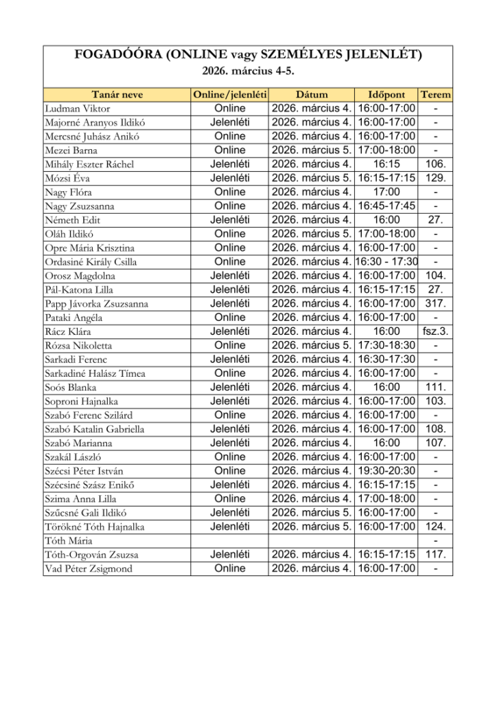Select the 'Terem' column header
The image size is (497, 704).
click(x=435, y=95)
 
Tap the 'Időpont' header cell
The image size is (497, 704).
click(x=386, y=95)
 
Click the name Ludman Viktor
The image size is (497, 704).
click(x=77, y=109)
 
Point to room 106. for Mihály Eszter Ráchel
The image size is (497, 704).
click(x=435, y=164)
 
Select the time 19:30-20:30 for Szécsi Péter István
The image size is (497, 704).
click(x=386, y=471)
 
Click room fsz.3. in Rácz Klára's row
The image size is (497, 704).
click(x=435, y=331)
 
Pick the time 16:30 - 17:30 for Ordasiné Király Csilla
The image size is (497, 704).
click(x=386, y=262)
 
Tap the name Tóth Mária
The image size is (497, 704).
click(x=67, y=541)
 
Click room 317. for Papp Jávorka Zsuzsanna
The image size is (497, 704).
click(x=435, y=304)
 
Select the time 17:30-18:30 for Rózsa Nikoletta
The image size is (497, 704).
click(x=386, y=345)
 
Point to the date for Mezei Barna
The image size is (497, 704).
click(x=312, y=151)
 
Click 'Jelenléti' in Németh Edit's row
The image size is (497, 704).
click(x=230, y=220)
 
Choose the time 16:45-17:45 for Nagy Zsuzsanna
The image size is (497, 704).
click(x=386, y=206)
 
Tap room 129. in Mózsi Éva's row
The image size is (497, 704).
click(x=435, y=178)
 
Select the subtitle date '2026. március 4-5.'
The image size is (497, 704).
click(x=248, y=71)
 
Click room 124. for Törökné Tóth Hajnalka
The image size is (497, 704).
click(x=435, y=527)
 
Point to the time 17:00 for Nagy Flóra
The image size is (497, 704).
click(x=386, y=192)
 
